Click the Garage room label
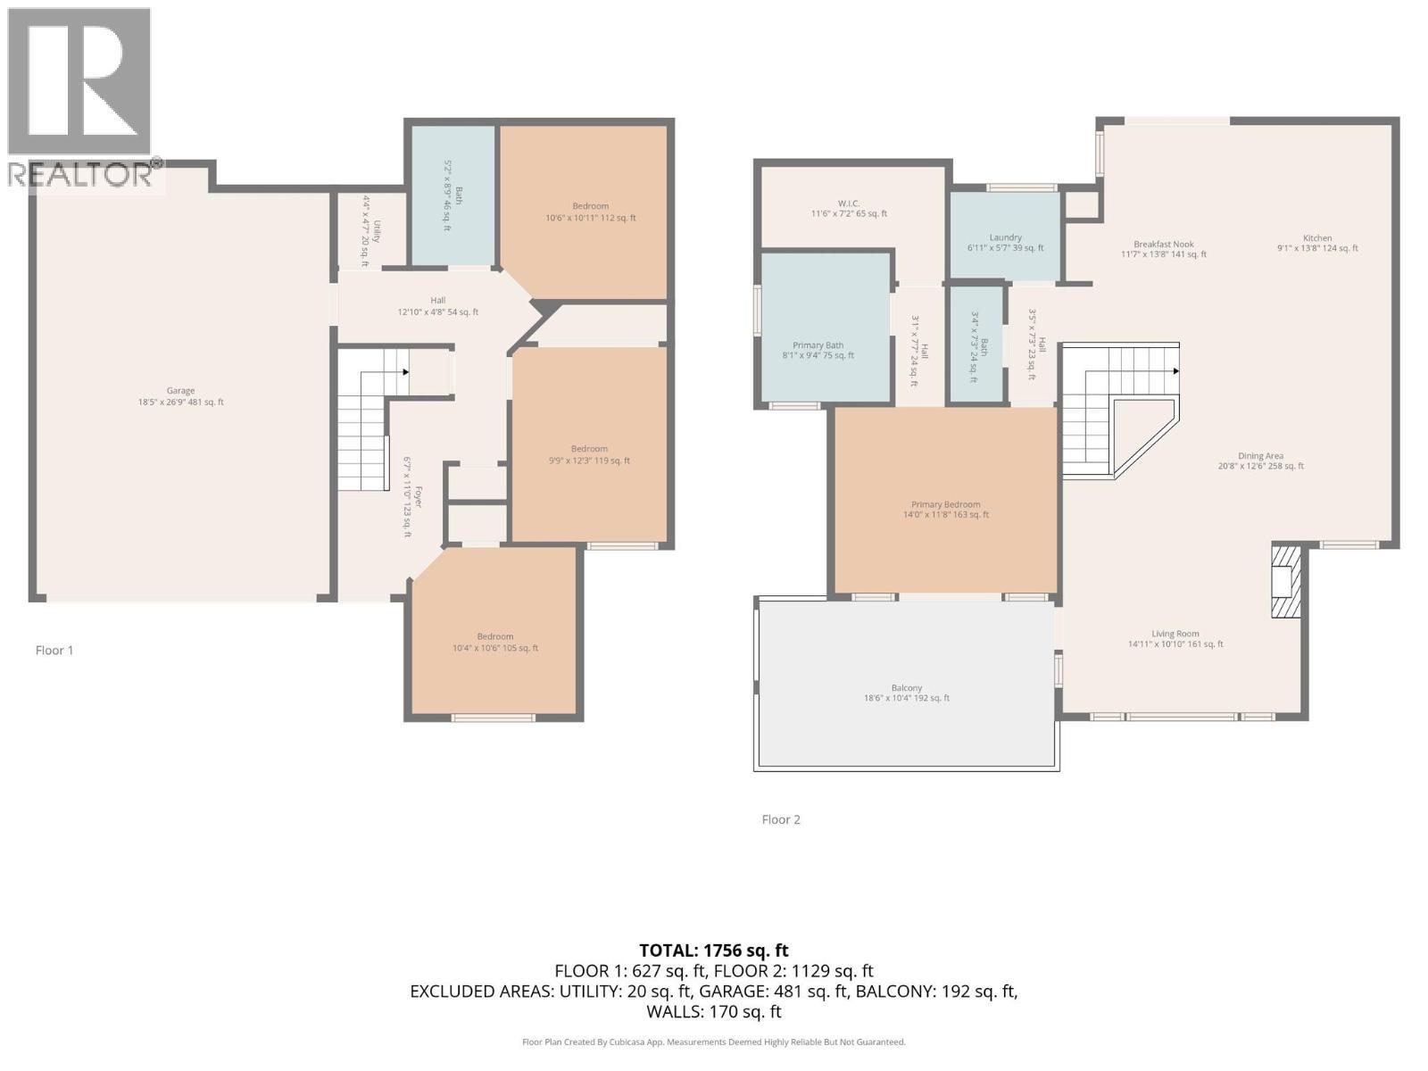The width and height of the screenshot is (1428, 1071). tap(180, 396)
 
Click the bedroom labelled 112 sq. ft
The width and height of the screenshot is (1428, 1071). tap(590, 212)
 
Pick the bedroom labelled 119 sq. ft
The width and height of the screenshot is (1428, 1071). tap(589, 454)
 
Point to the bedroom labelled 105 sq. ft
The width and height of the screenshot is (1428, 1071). tap(494, 642)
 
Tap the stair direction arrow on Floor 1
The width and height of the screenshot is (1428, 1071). tap(405, 371)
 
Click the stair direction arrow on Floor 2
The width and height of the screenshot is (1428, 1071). tap(1175, 371)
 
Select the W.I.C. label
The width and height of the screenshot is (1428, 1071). tap(849, 208)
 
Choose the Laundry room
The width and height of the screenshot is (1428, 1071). tap(1005, 243)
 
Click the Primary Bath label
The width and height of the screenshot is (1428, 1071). tap(818, 350)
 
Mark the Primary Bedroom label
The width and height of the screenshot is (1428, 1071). tap(945, 509)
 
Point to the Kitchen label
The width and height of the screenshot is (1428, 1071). tap(1317, 243)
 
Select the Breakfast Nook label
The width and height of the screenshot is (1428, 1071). tap(1163, 249)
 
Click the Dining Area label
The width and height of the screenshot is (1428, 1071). tap(1260, 461)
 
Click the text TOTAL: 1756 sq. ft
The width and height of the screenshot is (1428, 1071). tap(713, 951)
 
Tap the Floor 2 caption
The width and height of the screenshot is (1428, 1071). tap(781, 819)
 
